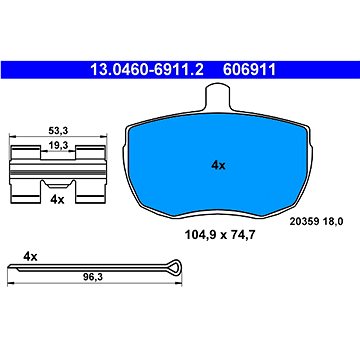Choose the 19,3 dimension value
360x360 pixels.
coord(57,146)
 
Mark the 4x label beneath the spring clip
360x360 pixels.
coord(56,200)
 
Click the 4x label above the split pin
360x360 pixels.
coord(30,257)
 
